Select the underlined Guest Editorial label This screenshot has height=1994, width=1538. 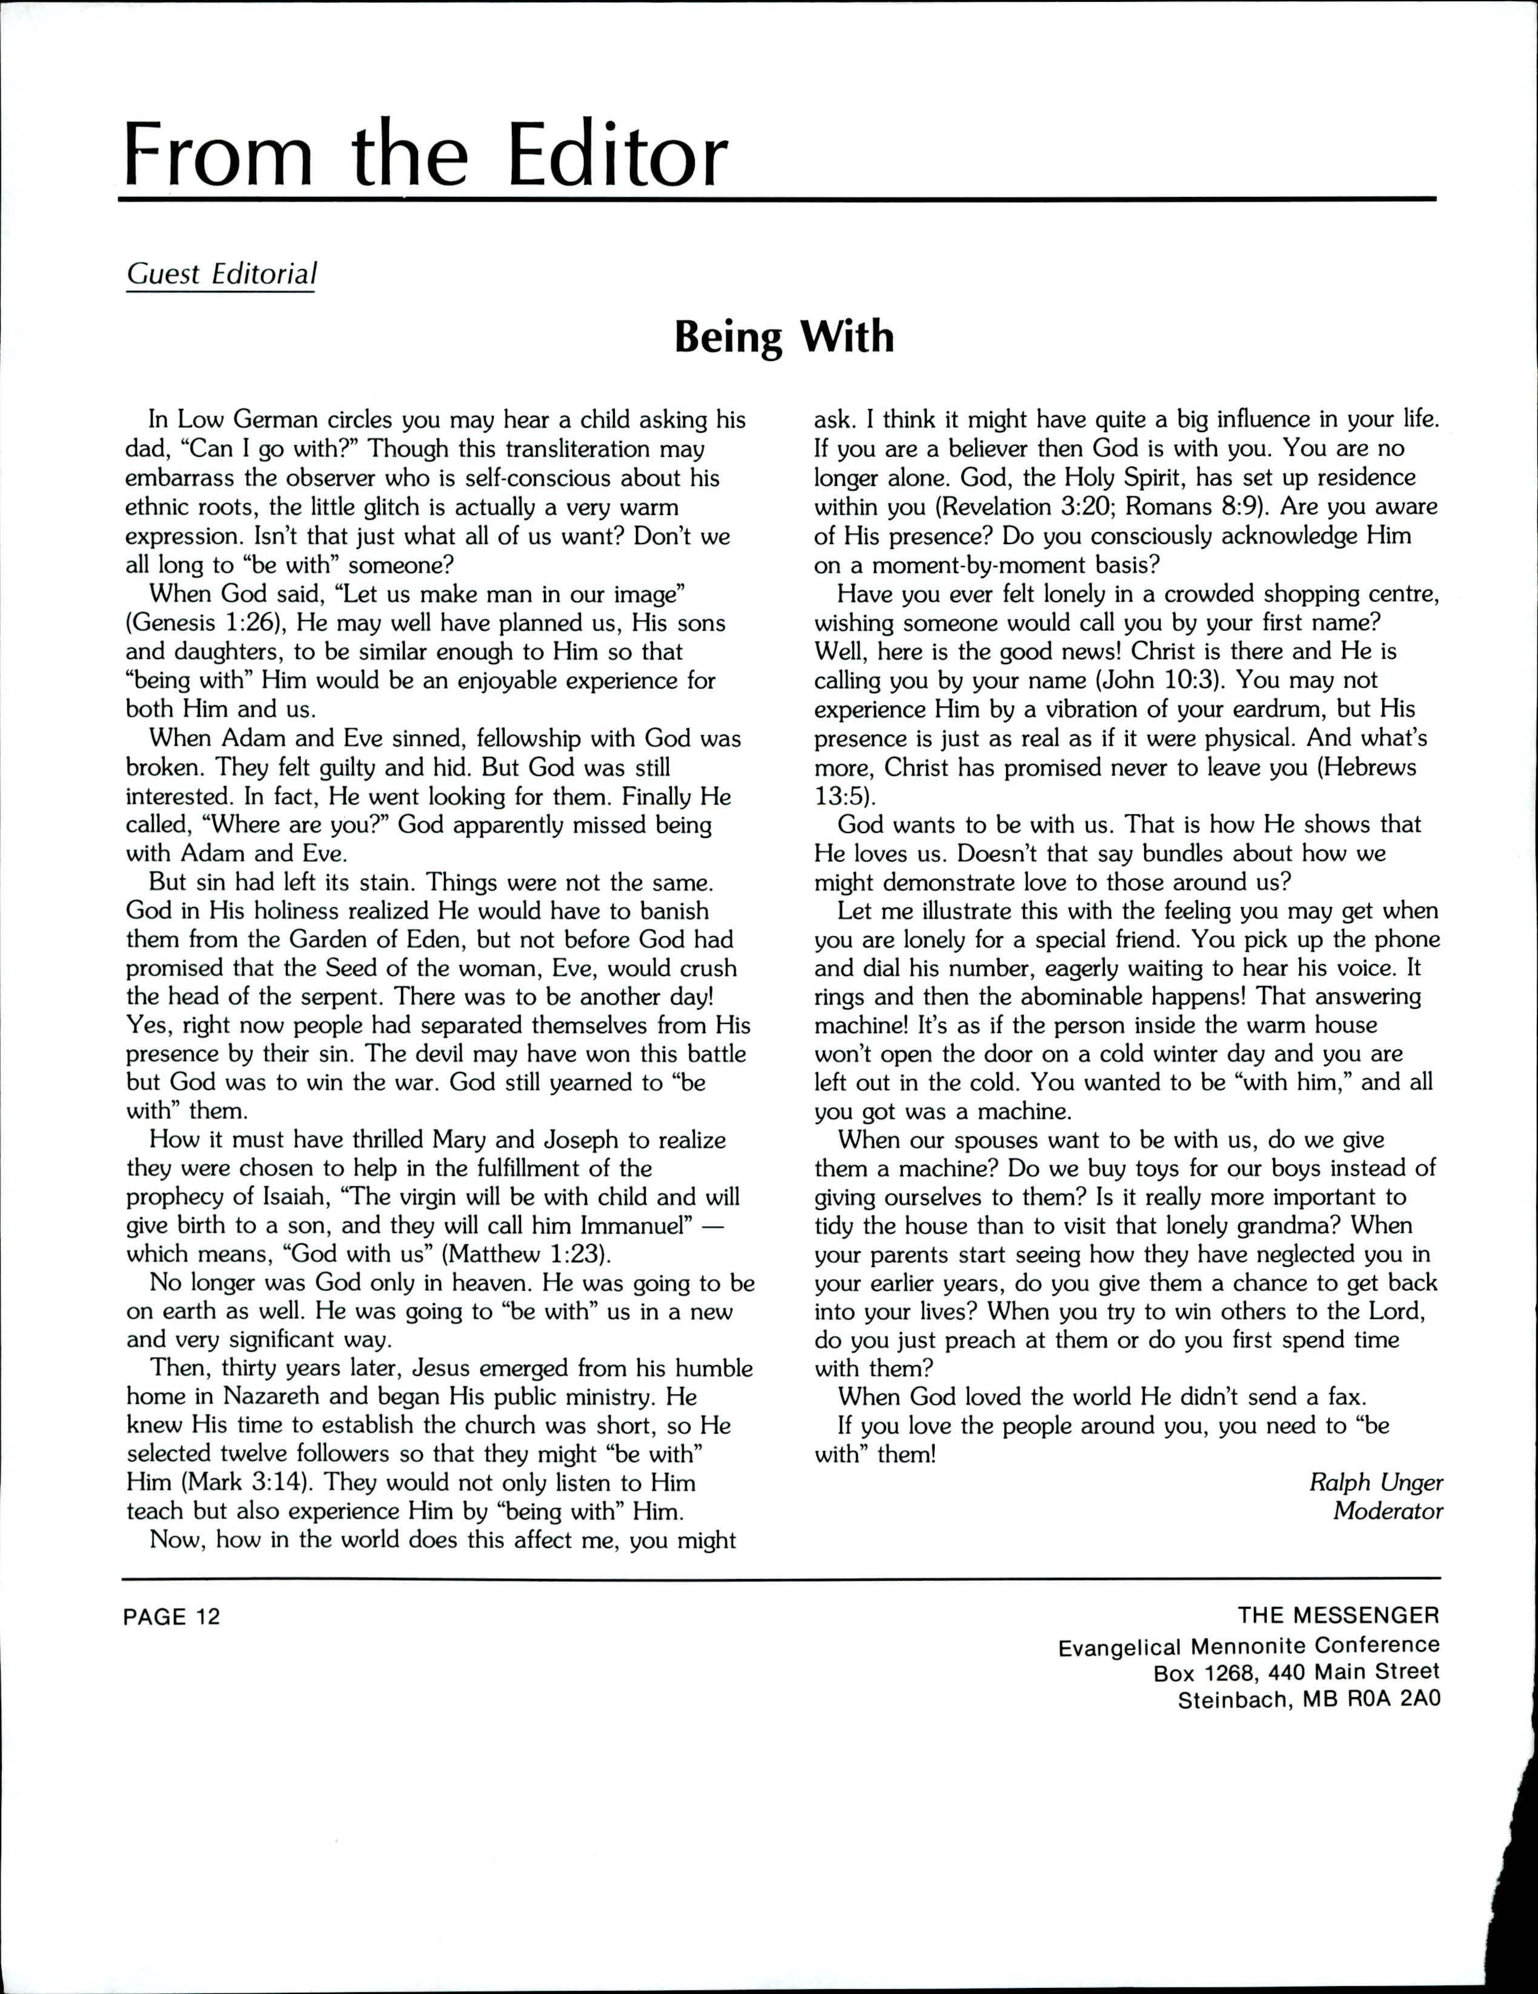[221, 274]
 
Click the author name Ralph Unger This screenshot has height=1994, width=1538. [1376, 1483]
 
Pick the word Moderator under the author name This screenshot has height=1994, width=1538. [1387, 1512]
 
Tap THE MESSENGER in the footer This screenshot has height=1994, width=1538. [1338, 1616]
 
